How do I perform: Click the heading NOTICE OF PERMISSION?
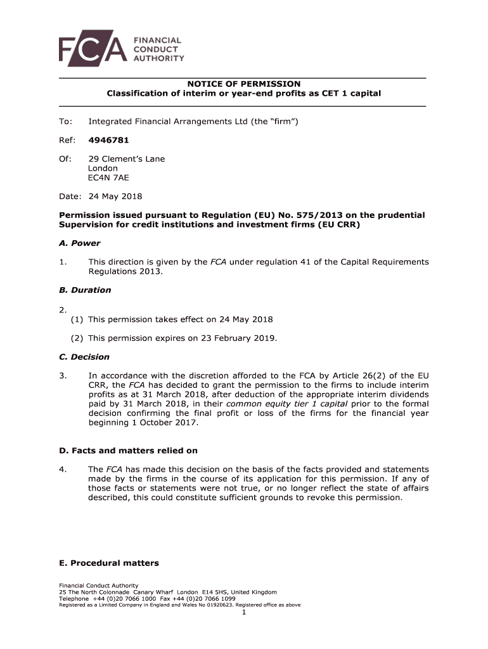[x=243, y=84]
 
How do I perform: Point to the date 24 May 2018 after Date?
[x=115, y=196]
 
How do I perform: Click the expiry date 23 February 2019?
[x=239, y=338]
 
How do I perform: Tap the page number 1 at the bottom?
[x=243, y=612]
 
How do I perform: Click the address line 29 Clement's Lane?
[x=126, y=159]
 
